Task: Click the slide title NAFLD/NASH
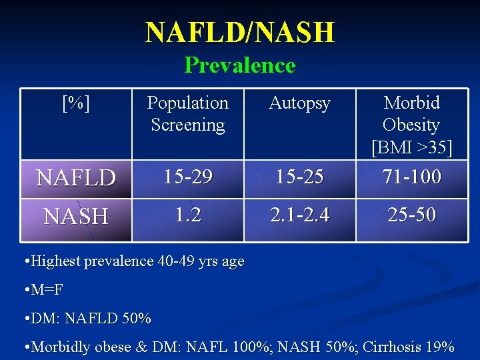[x=240, y=32]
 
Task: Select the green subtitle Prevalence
[x=240, y=65]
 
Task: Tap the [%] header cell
[x=76, y=103]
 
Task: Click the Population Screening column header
[x=187, y=113]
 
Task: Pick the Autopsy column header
[x=299, y=103]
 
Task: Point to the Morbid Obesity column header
[x=411, y=114]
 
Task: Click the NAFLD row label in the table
[x=76, y=178]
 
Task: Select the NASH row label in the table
[x=76, y=216]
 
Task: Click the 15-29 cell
[x=187, y=177]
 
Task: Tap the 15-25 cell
[x=299, y=177]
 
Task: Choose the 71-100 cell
[x=411, y=177]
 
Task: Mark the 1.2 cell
[x=187, y=215]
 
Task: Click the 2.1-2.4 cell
[x=299, y=215]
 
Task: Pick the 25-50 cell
[x=411, y=215]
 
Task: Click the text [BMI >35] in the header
[x=411, y=147]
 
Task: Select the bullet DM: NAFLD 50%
[x=89, y=319]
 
